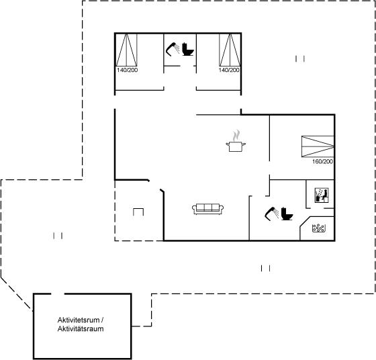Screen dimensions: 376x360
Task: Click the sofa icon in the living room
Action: [x=207, y=209]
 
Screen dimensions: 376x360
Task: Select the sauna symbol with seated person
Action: [x=322, y=195]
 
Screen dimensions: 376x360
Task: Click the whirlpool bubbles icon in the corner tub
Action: [x=318, y=228]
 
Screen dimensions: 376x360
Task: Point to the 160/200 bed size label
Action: [x=322, y=162]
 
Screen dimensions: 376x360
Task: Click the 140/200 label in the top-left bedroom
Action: [x=128, y=70]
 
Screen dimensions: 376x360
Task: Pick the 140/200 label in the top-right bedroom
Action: [x=229, y=70]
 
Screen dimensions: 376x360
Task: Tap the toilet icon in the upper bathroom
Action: [x=188, y=49]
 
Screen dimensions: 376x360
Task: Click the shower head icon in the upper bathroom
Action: [x=173, y=49]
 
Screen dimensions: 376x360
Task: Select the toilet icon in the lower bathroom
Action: [x=287, y=214]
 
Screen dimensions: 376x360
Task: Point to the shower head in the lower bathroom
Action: [x=272, y=214]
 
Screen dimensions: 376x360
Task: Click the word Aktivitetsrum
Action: [x=79, y=320]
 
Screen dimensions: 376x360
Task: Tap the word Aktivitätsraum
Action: [x=81, y=329]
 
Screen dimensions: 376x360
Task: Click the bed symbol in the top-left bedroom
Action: [x=127, y=50]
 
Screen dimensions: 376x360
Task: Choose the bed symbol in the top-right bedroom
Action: [x=230, y=50]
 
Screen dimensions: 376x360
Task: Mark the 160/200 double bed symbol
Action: [x=318, y=146]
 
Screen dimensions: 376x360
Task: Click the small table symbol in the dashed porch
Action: [x=138, y=212]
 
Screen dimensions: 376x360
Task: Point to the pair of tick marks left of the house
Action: [x=58, y=236]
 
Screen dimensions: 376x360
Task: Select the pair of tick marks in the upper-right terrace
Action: [x=300, y=58]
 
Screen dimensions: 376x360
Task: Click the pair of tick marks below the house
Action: [x=265, y=268]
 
